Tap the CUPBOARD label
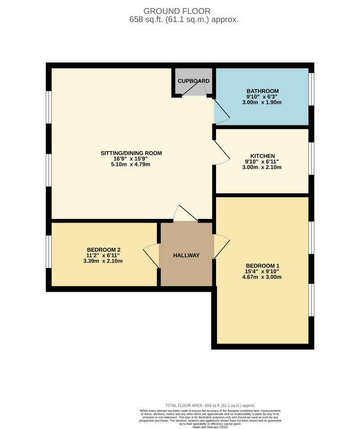coord(193,81)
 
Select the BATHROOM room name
coord(262,91)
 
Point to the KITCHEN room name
coord(262,156)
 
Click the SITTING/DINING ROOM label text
coord(131,153)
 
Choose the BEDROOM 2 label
coord(103,250)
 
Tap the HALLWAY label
coord(186,255)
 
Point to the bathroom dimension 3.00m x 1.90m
coord(262,102)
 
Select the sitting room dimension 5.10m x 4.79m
coord(131,164)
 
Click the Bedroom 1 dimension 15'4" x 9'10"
coord(262,271)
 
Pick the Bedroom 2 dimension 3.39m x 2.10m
coord(103,261)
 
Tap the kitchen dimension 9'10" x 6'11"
coord(262,162)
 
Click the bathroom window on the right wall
coord(311,89)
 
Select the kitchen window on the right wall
coord(311,158)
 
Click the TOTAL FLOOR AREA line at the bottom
coord(210,406)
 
